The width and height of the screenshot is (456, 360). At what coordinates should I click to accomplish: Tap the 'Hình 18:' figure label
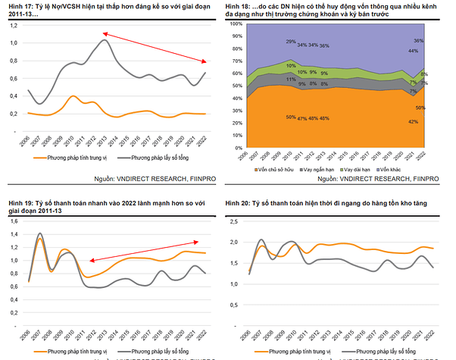coord(241,5)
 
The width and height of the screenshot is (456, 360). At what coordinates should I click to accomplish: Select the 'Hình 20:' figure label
coord(241,204)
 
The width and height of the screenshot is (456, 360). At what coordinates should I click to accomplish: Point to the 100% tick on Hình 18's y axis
coord(235,23)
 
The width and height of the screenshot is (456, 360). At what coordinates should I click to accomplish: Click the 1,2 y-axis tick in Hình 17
coord(14,24)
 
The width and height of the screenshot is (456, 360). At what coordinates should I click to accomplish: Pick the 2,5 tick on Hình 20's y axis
coord(234,221)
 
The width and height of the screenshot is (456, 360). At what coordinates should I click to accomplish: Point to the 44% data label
coord(414,51)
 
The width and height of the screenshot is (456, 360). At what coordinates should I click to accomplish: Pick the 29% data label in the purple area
coord(291,41)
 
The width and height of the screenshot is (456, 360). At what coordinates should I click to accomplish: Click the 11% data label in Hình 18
coord(291,79)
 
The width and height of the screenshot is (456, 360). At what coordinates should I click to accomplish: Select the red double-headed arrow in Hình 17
coord(155,47)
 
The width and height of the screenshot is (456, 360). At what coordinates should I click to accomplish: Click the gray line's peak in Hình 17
coord(104,39)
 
